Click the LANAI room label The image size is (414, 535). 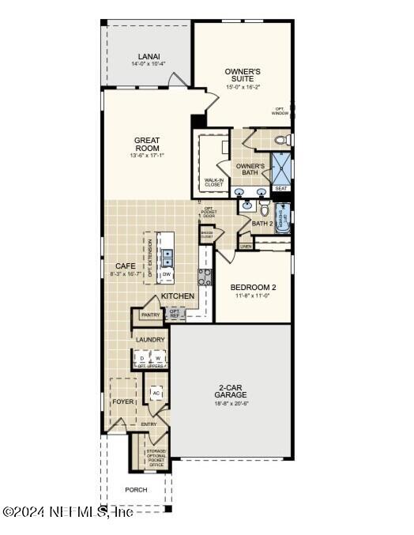click(148, 56)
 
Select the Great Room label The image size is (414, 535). click(147, 144)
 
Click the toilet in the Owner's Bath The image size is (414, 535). click(281, 141)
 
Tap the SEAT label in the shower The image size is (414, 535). click(280, 188)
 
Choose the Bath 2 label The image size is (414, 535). click(262, 223)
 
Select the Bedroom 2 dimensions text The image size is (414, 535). click(253, 296)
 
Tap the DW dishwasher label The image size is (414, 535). click(167, 275)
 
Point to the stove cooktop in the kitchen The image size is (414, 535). click(204, 277)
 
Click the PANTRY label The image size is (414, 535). click(150, 315)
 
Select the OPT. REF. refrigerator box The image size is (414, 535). click(175, 314)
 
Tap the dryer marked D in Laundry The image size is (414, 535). click(142, 359)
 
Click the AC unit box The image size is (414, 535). click(156, 393)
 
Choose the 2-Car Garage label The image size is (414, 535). click(231, 391)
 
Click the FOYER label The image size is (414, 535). click(122, 401)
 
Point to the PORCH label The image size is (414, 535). click(136, 490)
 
